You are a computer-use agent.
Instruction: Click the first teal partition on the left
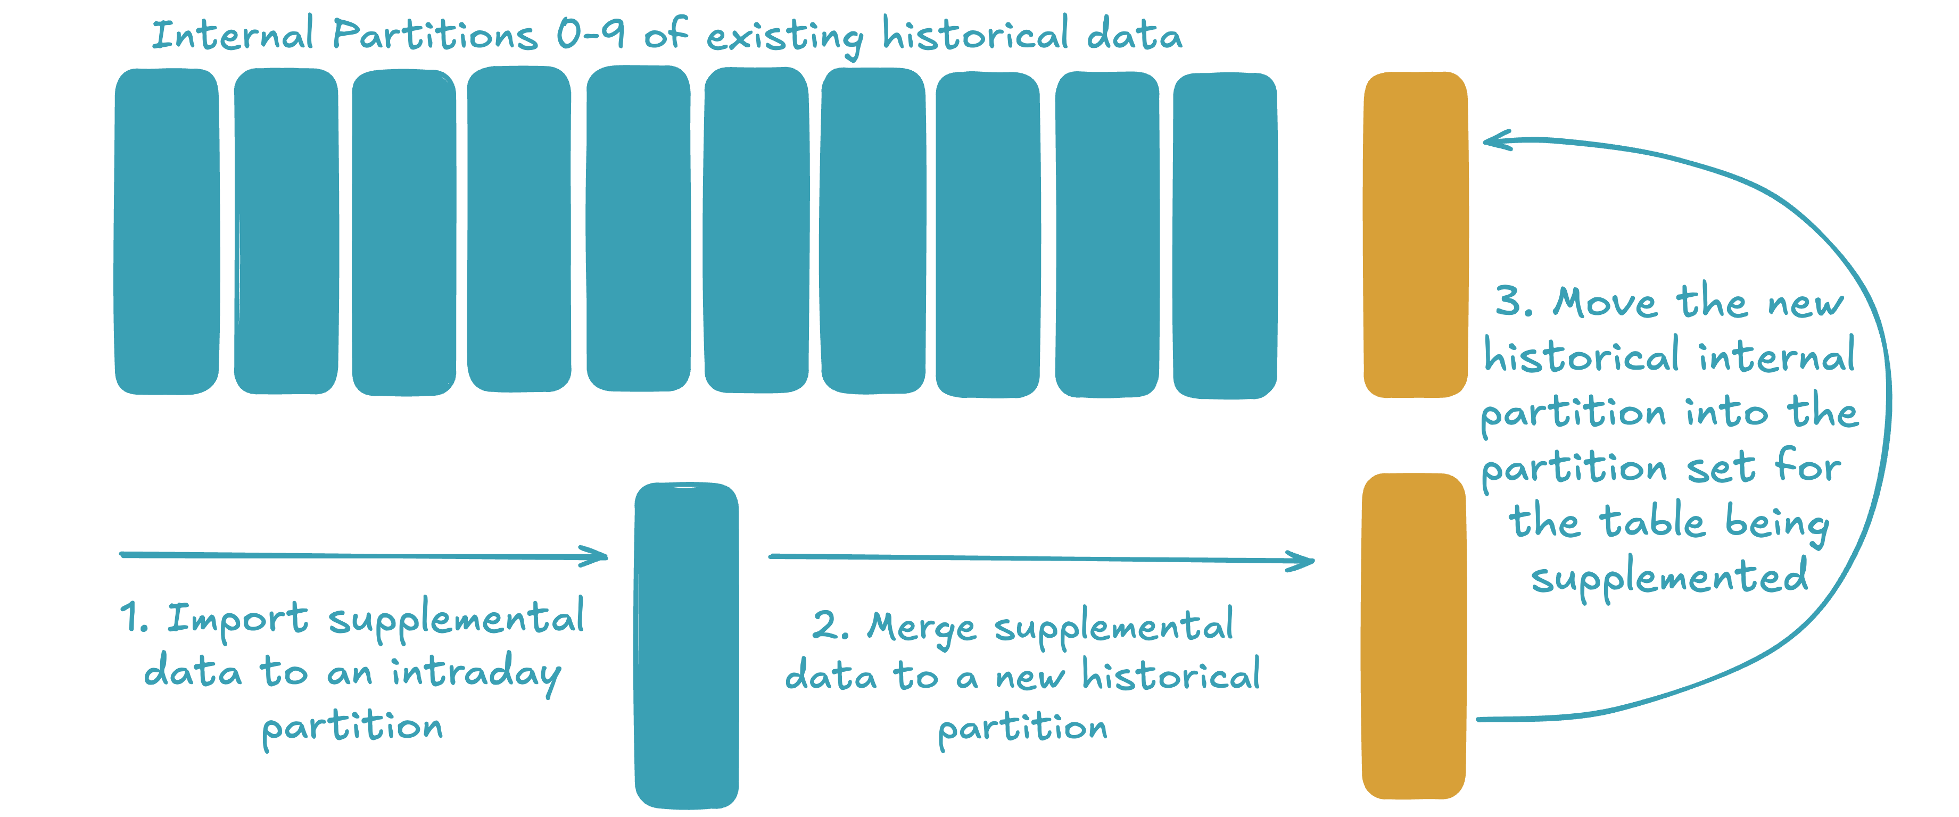click(167, 232)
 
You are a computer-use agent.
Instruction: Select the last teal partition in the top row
click(1225, 236)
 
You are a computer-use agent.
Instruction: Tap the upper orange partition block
click(1415, 234)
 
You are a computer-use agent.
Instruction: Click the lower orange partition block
click(1414, 636)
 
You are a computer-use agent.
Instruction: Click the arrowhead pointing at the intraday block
click(597, 556)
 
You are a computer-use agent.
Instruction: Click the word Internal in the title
click(232, 36)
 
